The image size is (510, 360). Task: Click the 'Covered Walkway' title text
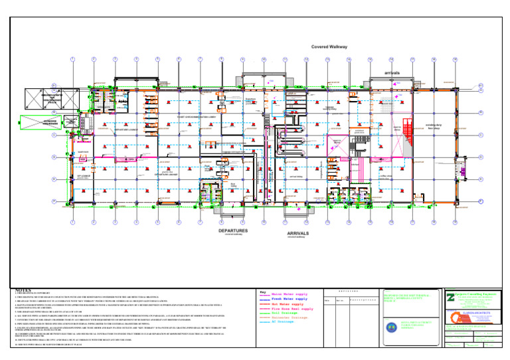[x=329, y=47]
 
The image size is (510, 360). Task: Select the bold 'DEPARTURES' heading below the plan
[x=234, y=232]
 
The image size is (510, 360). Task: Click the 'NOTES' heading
[x=23, y=290]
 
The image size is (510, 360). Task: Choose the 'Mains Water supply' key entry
[x=290, y=294]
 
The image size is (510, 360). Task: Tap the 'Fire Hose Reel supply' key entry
[x=293, y=310]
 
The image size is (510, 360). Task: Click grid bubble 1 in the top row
[x=72, y=60]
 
